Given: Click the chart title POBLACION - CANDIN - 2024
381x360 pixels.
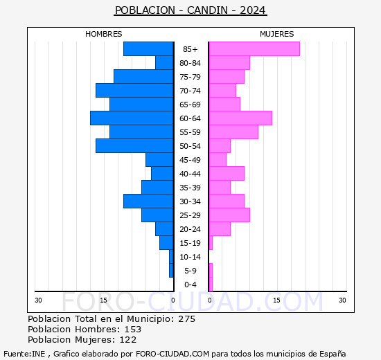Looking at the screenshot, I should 190,10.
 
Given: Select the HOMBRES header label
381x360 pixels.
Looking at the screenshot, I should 103,34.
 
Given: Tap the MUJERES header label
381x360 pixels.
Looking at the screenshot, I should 276,34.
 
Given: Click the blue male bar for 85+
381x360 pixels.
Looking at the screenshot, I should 148,49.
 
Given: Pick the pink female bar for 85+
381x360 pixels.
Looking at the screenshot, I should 254,49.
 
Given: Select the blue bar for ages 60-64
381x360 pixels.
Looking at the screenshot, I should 132,118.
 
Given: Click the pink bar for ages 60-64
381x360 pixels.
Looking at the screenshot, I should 240,118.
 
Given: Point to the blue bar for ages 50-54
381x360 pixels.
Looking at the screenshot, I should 134,146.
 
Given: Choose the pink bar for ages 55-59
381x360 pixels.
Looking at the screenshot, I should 233,132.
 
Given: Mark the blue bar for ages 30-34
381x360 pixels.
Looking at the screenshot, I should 148,201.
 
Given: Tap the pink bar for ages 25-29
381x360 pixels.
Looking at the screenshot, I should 229,215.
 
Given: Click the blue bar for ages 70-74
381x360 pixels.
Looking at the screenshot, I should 134,91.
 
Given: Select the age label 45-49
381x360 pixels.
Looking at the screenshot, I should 190,160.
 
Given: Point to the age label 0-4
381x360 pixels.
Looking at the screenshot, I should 190,285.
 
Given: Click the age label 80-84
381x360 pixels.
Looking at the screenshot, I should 190,63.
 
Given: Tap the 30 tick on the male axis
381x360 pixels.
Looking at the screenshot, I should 39,300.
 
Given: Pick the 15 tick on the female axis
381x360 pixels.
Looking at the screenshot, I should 276,300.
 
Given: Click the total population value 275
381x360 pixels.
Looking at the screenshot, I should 186,319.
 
